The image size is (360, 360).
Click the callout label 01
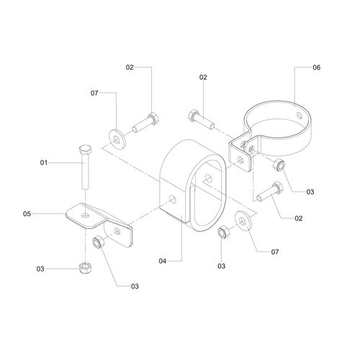(44, 163)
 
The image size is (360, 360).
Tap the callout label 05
(27, 214)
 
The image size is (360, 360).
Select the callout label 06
(317, 68)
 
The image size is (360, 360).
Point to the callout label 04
(163, 261)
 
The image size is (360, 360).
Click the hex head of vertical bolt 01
(85, 150)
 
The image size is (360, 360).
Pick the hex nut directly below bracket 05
(85, 269)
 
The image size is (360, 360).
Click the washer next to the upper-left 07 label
(117, 139)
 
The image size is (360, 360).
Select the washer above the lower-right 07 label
(243, 220)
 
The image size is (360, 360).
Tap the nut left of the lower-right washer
(223, 233)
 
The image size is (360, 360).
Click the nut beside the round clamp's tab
(279, 165)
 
